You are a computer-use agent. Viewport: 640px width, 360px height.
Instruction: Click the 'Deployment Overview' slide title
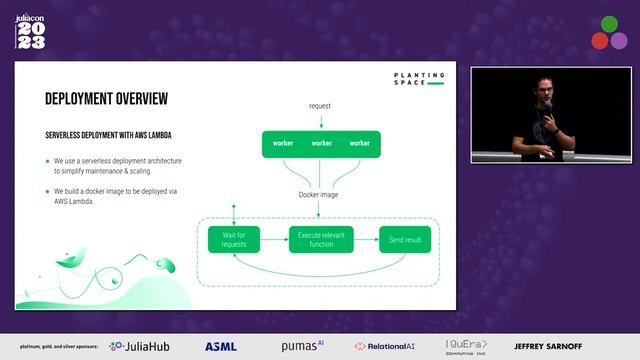coord(106,99)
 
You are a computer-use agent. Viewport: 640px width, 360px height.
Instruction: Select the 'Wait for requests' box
coord(234,240)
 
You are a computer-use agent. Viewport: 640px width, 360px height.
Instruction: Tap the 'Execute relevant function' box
coord(321,240)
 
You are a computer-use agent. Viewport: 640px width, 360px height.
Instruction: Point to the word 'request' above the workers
coord(321,106)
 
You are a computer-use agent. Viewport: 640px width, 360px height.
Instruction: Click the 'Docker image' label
coord(320,195)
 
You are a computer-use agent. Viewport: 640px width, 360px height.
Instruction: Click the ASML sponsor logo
coord(221,346)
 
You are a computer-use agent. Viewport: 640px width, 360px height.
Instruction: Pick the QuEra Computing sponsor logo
coord(467,346)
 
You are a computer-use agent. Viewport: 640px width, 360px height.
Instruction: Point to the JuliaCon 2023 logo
coord(31,30)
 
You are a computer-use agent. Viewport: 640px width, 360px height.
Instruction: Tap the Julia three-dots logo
coord(608,32)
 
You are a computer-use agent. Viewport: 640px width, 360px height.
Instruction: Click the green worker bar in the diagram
coord(321,143)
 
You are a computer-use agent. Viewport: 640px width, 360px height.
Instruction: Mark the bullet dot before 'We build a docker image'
coord(46,190)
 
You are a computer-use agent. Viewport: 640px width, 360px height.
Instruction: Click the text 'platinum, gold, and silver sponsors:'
coord(53,347)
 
